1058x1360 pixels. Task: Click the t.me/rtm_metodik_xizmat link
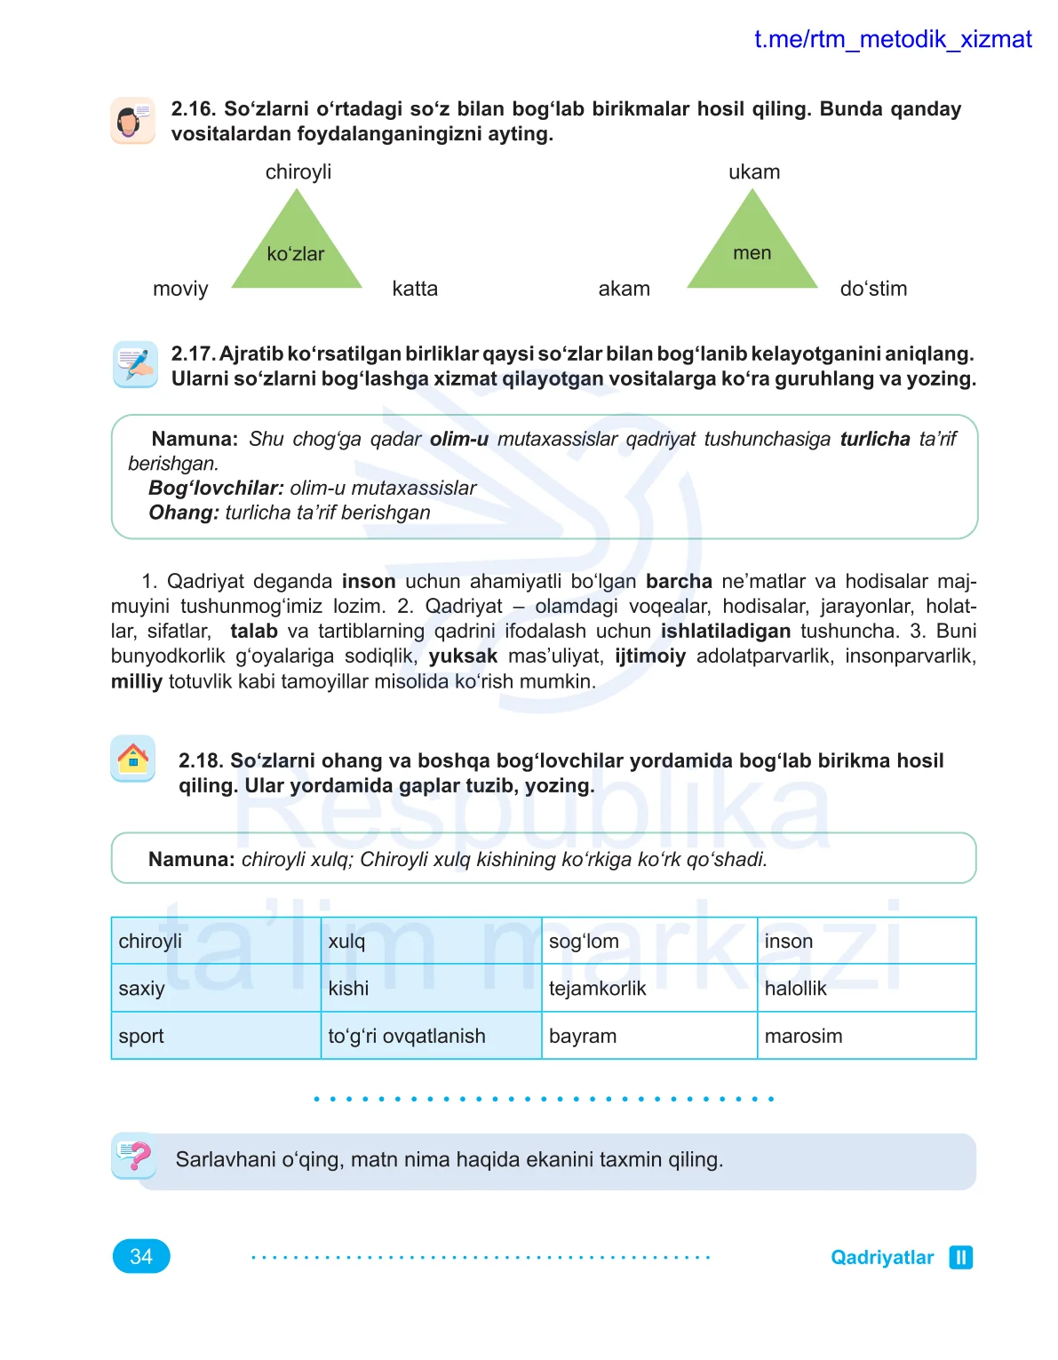(892, 40)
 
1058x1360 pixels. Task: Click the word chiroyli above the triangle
(298, 172)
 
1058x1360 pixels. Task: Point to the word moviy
(180, 290)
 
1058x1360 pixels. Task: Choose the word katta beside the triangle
(415, 289)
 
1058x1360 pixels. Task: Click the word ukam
(754, 172)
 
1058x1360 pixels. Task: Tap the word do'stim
(873, 289)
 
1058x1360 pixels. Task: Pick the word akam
(624, 289)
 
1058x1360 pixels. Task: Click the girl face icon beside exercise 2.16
(133, 121)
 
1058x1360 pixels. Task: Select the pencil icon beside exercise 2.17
(135, 364)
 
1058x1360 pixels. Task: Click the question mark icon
(134, 1156)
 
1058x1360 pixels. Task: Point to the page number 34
(141, 1256)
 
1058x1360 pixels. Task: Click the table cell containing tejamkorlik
(648, 988)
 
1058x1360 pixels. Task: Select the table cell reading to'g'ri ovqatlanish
(431, 1036)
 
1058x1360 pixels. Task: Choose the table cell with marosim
(866, 1036)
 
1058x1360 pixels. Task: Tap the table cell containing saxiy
(215, 988)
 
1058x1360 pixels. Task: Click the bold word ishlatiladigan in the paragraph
(725, 632)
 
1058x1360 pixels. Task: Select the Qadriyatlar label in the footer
(882, 1258)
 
